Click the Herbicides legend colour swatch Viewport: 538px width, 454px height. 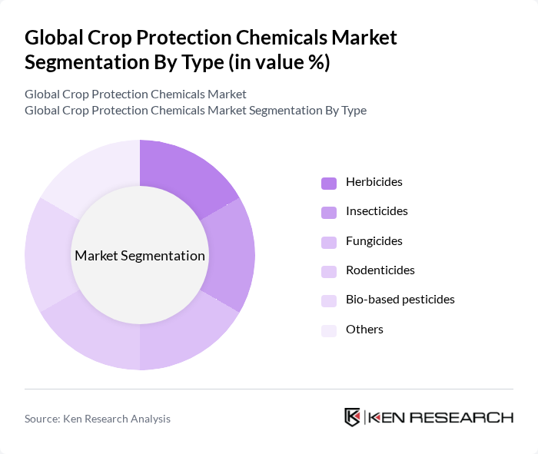pyautogui.click(x=329, y=183)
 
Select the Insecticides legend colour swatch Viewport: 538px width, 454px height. pyautogui.click(x=329, y=212)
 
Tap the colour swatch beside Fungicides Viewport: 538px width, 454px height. pyautogui.click(x=329, y=241)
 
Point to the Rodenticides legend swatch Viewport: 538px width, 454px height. pyautogui.click(x=329, y=270)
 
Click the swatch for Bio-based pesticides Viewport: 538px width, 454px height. pyautogui.click(x=329, y=300)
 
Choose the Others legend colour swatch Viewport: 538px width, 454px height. pyautogui.click(x=329, y=330)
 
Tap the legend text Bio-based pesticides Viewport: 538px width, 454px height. pyautogui.click(x=400, y=300)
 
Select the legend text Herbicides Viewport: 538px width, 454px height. pyautogui.click(x=374, y=183)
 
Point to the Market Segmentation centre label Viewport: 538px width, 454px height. pyautogui.click(x=140, y=256)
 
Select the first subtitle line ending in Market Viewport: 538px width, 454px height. pyautogui.click(x=135, y=94)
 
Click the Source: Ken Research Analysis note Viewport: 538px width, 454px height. pyautogui.click(x=98, y=419)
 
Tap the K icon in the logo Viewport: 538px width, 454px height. pyautogui.click(x=353, y=418)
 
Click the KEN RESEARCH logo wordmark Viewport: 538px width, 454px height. pyautogui.click(x=440, y=418)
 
